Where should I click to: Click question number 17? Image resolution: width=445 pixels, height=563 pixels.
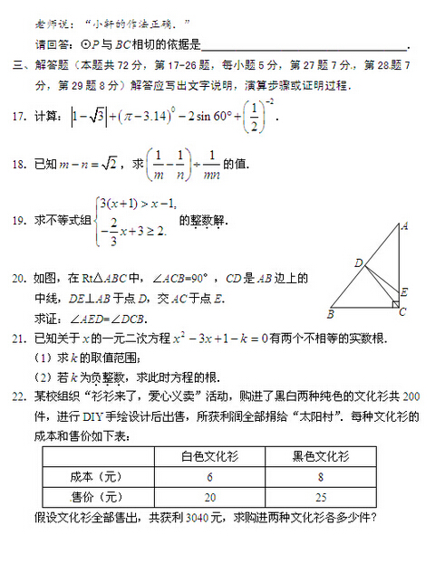coord(18,119)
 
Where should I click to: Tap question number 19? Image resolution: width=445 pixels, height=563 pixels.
coord(18,221)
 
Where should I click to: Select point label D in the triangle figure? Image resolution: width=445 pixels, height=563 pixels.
coord(358,262)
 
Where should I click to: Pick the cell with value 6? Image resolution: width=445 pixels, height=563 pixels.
coord(209,477)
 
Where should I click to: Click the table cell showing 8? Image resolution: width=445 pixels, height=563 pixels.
coord(322,477)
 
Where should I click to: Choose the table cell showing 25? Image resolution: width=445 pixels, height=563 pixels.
coord(322,497)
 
